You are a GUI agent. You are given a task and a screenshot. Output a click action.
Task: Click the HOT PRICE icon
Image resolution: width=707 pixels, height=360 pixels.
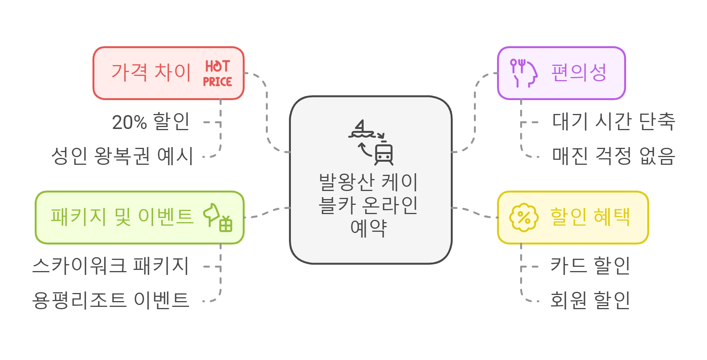tap(218, 73)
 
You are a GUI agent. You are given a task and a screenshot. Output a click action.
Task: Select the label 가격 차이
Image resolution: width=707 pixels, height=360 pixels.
tap(151, 72)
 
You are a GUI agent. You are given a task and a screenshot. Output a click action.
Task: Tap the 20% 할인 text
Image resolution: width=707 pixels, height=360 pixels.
tap(151, 122)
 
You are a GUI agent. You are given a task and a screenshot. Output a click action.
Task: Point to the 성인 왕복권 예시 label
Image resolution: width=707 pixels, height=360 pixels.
tap(122, 156)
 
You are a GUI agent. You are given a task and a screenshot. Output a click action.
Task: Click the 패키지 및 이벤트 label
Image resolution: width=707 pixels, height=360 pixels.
tap(122, 217)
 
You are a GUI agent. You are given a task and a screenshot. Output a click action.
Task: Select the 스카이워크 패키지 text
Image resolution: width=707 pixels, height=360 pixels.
tap(111, 266)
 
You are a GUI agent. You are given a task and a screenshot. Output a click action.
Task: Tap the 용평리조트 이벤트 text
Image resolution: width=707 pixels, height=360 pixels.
tap(111, 300)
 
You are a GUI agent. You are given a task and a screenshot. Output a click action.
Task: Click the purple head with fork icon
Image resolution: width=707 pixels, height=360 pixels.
tap(523, 73)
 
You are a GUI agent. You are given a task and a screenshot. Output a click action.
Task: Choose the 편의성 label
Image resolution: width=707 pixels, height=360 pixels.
tap(579, 72)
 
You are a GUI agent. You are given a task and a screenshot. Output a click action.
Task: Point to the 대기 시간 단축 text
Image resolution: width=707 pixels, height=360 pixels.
tap(613, 122)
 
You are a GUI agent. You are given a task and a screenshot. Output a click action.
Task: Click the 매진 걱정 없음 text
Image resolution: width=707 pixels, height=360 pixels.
tap(613, 156)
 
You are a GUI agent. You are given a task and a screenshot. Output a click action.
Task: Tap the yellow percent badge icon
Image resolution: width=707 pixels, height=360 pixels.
tap(524, 218)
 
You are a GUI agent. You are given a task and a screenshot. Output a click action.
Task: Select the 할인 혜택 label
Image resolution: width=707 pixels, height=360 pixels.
tap(590, 217)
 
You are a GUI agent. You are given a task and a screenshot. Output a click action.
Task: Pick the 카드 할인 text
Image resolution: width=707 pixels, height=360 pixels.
tap(590, 266)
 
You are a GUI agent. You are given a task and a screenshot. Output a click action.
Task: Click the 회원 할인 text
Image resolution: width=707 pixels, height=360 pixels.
tap(590, 300)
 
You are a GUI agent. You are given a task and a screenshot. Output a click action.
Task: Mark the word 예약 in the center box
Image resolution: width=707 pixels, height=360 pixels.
tap(368, 228)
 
